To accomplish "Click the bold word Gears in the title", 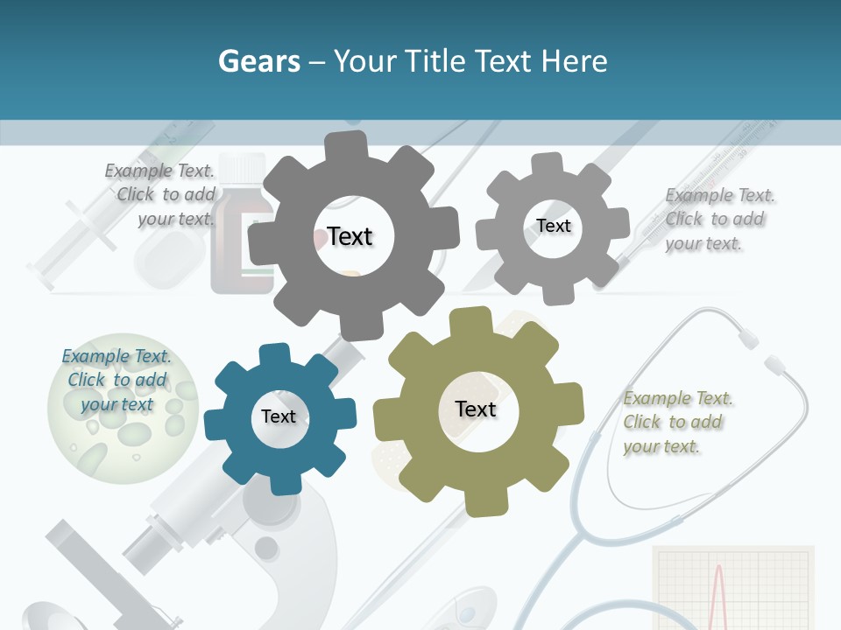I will click(x=259, y=62).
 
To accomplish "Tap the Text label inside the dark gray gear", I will click(x=350, y=236).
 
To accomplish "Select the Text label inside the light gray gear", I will click(x=553, y=226).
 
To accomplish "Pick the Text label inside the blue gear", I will click(x=279, y=416).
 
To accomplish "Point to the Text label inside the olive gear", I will click(x=476, y=409).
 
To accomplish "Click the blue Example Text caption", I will click(x=117, y=380).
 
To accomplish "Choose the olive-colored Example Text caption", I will click(x=677, y=422).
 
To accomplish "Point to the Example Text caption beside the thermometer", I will click(x=718, y=219).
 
